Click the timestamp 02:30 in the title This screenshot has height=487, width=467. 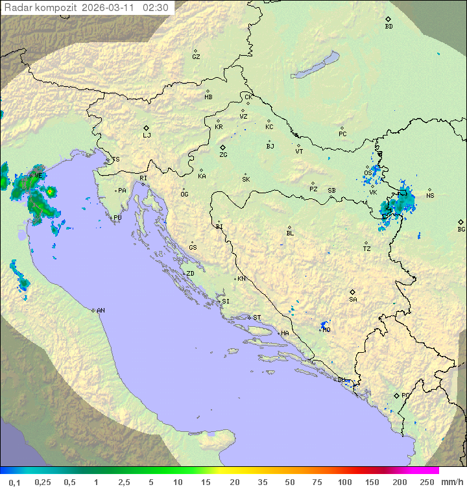click(156, 8)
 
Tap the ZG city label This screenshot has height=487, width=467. click(223, 155)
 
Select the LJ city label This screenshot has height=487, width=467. click(147, 136)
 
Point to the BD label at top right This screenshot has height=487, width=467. click(389, 27)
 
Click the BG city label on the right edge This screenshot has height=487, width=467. click(461, 229)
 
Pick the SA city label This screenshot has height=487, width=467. click(353, 300)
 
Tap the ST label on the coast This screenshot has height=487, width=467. click(257, 318)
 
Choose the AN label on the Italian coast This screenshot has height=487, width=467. click(101, 311)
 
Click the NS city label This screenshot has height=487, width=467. click(430, 196)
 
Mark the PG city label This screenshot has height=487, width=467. click(405, 395)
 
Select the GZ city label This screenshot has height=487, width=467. click(196, 57)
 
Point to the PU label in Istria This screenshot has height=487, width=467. click(117, 218)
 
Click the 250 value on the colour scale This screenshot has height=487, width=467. click(426, 482)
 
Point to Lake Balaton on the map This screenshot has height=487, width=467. click(315, 66)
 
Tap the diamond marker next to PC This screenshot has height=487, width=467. click(342, 128)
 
